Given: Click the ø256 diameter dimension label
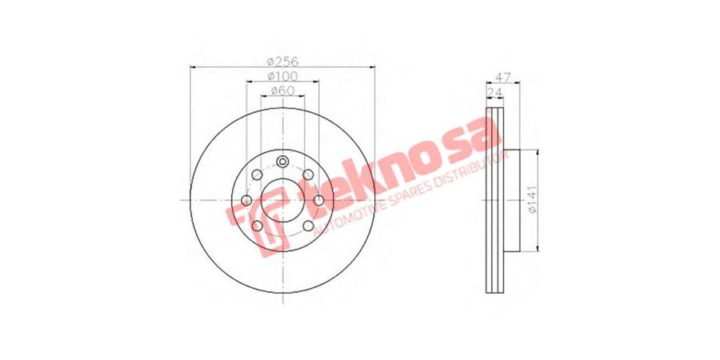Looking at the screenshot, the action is (x=283, y=61).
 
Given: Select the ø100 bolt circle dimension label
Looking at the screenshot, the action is (x=283, y=76).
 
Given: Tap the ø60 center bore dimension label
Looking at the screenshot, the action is (x=283, y=90).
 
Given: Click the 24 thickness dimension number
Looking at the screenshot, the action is (x=494, y=92).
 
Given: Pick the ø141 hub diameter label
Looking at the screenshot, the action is (x=532, y=200).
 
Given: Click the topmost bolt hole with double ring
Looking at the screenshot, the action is (x=283, y=162).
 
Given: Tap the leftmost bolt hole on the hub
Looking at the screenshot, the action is (x=246, y=200).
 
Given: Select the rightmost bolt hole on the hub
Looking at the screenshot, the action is (x=318, y=200).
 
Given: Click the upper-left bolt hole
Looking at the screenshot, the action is (x=257, y=174).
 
